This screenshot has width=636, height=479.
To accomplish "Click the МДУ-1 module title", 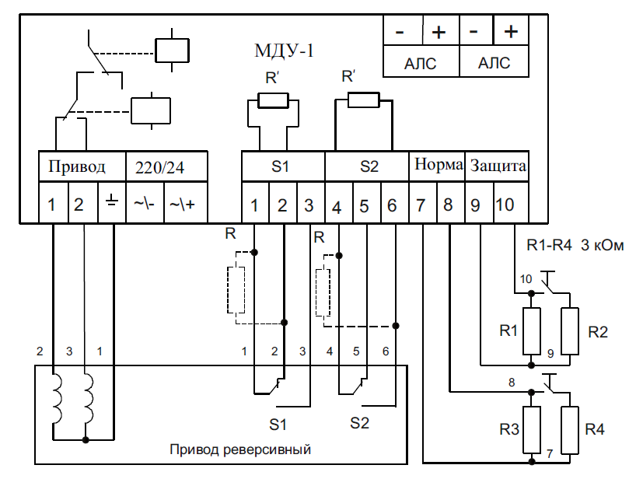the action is click(284, 51).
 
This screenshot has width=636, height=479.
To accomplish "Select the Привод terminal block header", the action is click(77, 166).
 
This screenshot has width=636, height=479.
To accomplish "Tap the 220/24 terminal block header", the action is click(159, 167).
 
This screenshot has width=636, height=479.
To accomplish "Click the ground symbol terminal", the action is click(112, 202).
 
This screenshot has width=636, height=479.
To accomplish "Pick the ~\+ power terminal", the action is click(182, 204).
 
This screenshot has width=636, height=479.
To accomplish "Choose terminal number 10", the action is click(505, 205).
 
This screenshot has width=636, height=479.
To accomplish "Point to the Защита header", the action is click(498, 166).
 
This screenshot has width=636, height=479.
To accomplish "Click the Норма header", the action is click(439, 164).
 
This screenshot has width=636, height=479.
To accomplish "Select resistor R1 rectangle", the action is click(531, 331).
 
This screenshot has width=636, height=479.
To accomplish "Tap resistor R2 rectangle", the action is click(569, 331).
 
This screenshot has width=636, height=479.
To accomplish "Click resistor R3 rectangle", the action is click(531, 430).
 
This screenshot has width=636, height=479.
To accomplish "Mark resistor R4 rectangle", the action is click(569, 430).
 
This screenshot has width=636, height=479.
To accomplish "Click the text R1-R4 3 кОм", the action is click(575, 245).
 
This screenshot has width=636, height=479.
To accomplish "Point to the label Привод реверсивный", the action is click(240, 449).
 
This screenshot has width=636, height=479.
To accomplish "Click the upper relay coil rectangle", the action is click(172, 51).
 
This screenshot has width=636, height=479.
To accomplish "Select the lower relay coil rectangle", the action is click(151, 110).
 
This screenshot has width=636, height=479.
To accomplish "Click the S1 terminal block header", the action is click(280, 166).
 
